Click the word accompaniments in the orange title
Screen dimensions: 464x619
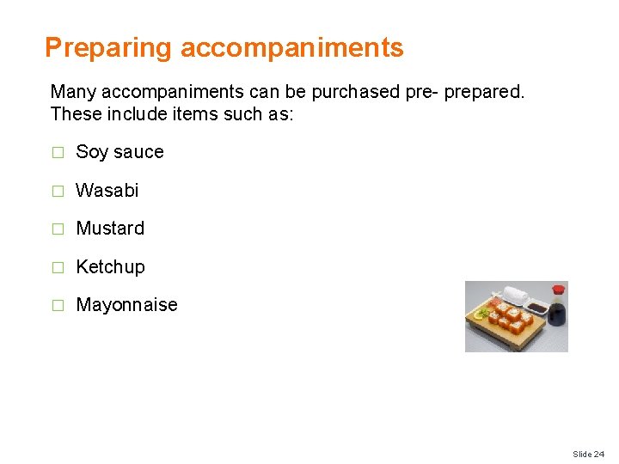(291, 48)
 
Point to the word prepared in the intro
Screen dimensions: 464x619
(484, 91)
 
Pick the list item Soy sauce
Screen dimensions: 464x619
(120, 152)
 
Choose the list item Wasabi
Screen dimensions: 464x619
(107, 191)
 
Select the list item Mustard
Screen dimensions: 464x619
(110, 229)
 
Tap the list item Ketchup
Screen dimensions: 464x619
(110, 267)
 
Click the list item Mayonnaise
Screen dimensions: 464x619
(126, 305)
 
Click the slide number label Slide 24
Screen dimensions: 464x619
(588, 454)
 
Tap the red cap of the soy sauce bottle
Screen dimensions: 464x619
(558, 290)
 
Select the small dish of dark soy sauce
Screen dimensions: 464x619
(536, 308)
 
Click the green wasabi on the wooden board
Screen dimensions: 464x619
(485, 311)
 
